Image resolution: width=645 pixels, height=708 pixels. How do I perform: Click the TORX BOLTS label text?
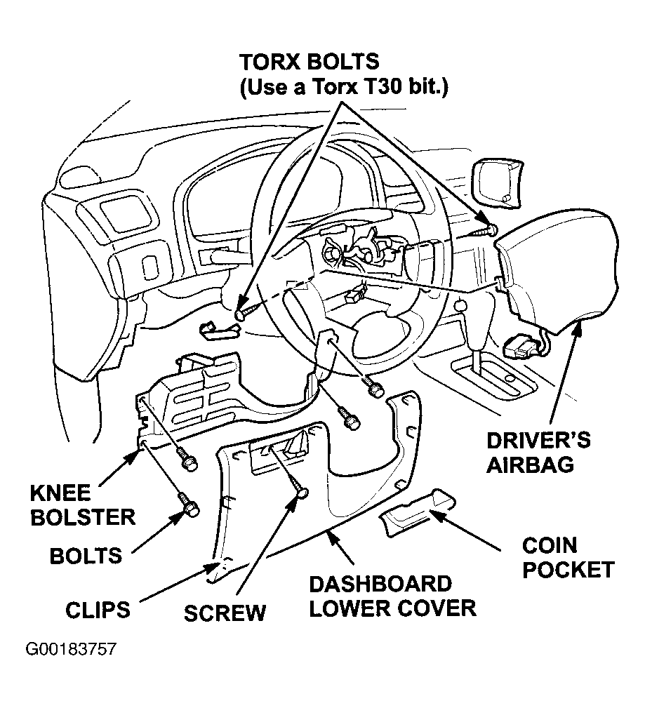point(310,62)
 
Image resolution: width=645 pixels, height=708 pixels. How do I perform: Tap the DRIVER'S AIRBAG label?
point(538,453)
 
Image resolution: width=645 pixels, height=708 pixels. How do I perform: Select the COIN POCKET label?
point(568,558)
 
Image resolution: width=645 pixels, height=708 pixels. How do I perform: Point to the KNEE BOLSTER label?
point(83,505)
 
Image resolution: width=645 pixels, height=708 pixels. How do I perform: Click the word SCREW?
point(225,613)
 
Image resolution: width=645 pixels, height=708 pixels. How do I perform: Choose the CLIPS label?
point(98,610)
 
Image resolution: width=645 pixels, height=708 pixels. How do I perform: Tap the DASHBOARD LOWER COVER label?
point(392,596)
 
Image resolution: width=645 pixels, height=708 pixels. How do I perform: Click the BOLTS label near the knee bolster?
point(86,556)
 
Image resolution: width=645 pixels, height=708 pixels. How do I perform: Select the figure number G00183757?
point(71,649)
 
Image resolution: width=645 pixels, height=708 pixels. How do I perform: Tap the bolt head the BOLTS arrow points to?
point(191,511)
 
